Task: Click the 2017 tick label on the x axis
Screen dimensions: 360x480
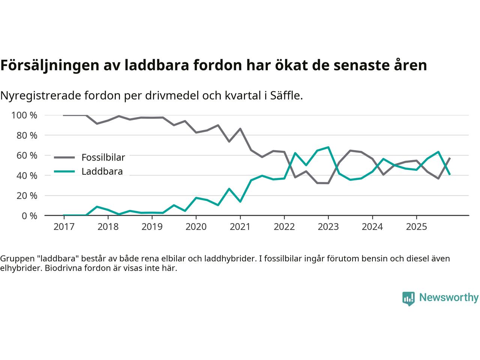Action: tap(64, 226)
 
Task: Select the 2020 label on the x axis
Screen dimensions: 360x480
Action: tap(196, 226)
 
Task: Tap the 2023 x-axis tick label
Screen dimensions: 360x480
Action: tap(328, 226)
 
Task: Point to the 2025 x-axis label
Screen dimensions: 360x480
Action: tap(416, 226)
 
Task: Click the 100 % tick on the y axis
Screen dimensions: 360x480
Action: tap(24, 115)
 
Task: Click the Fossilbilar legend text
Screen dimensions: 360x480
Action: tap(103, 157)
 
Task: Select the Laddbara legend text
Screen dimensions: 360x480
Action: tap(102, 172)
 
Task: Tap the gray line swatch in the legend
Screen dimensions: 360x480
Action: tap(65, 157)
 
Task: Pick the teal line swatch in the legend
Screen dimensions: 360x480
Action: tap(65, 172)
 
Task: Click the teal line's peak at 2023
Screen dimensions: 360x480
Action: tap(328, 147)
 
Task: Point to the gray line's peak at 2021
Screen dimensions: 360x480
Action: tap(240, 129)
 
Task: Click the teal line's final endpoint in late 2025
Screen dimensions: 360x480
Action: tap(450, 174)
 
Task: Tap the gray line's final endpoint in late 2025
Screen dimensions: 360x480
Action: tap(450, 158)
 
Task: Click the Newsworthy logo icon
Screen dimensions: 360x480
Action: tap(408, 298)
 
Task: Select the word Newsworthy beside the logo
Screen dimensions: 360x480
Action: tap(448, 298)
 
